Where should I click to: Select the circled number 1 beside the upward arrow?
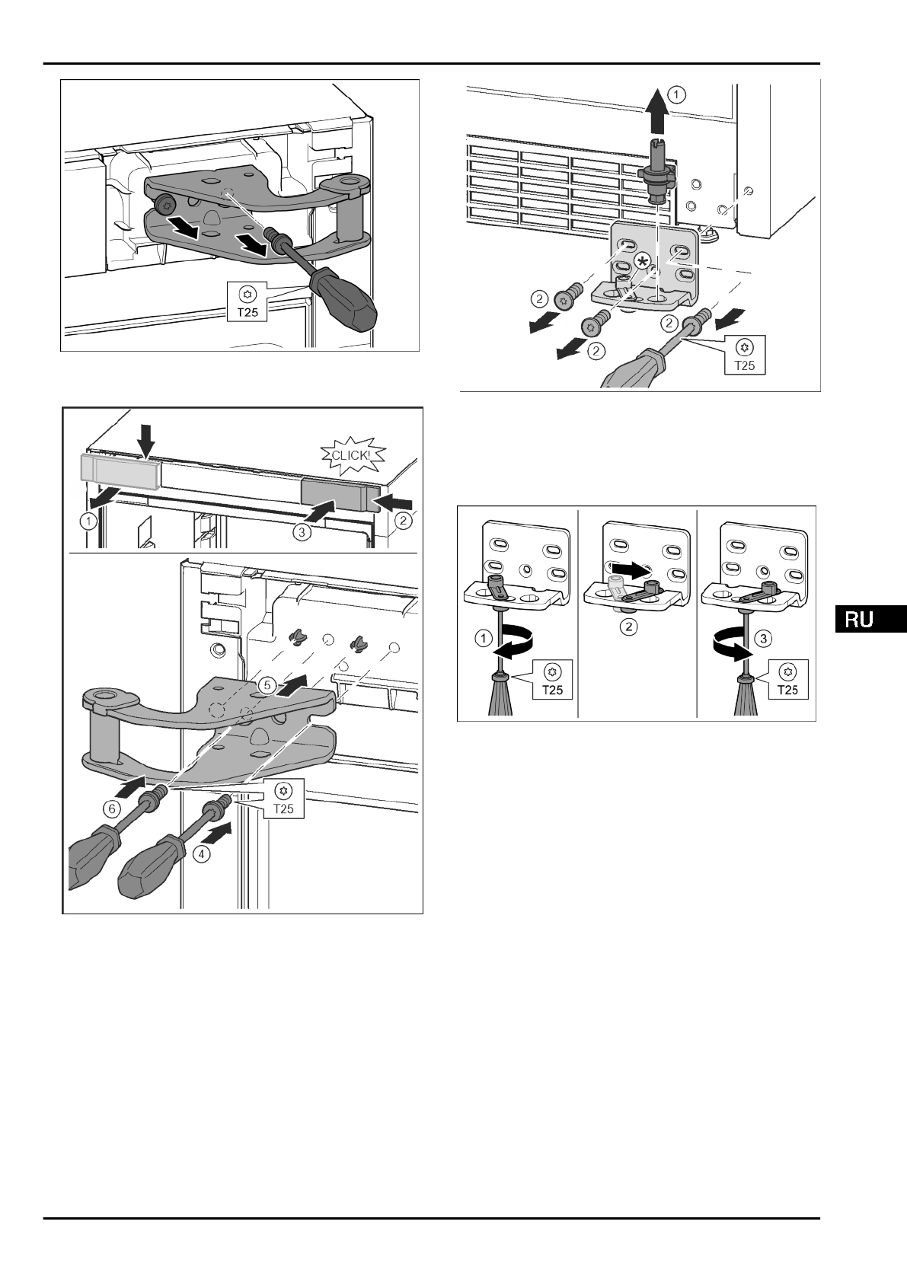point(679,94)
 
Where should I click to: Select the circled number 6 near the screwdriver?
point(111,808)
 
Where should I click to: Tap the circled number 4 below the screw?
point(201,854)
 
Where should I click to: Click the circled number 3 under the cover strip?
point(302,532)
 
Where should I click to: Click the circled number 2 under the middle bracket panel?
point(629,626)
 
